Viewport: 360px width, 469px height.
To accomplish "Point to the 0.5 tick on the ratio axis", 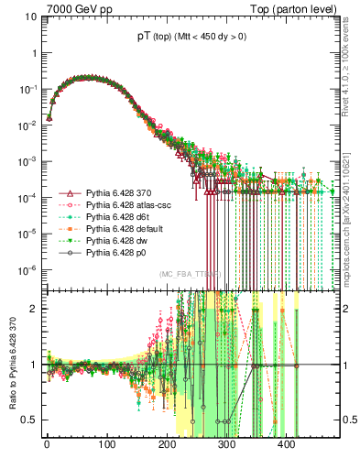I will click(x=30, y=420).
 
